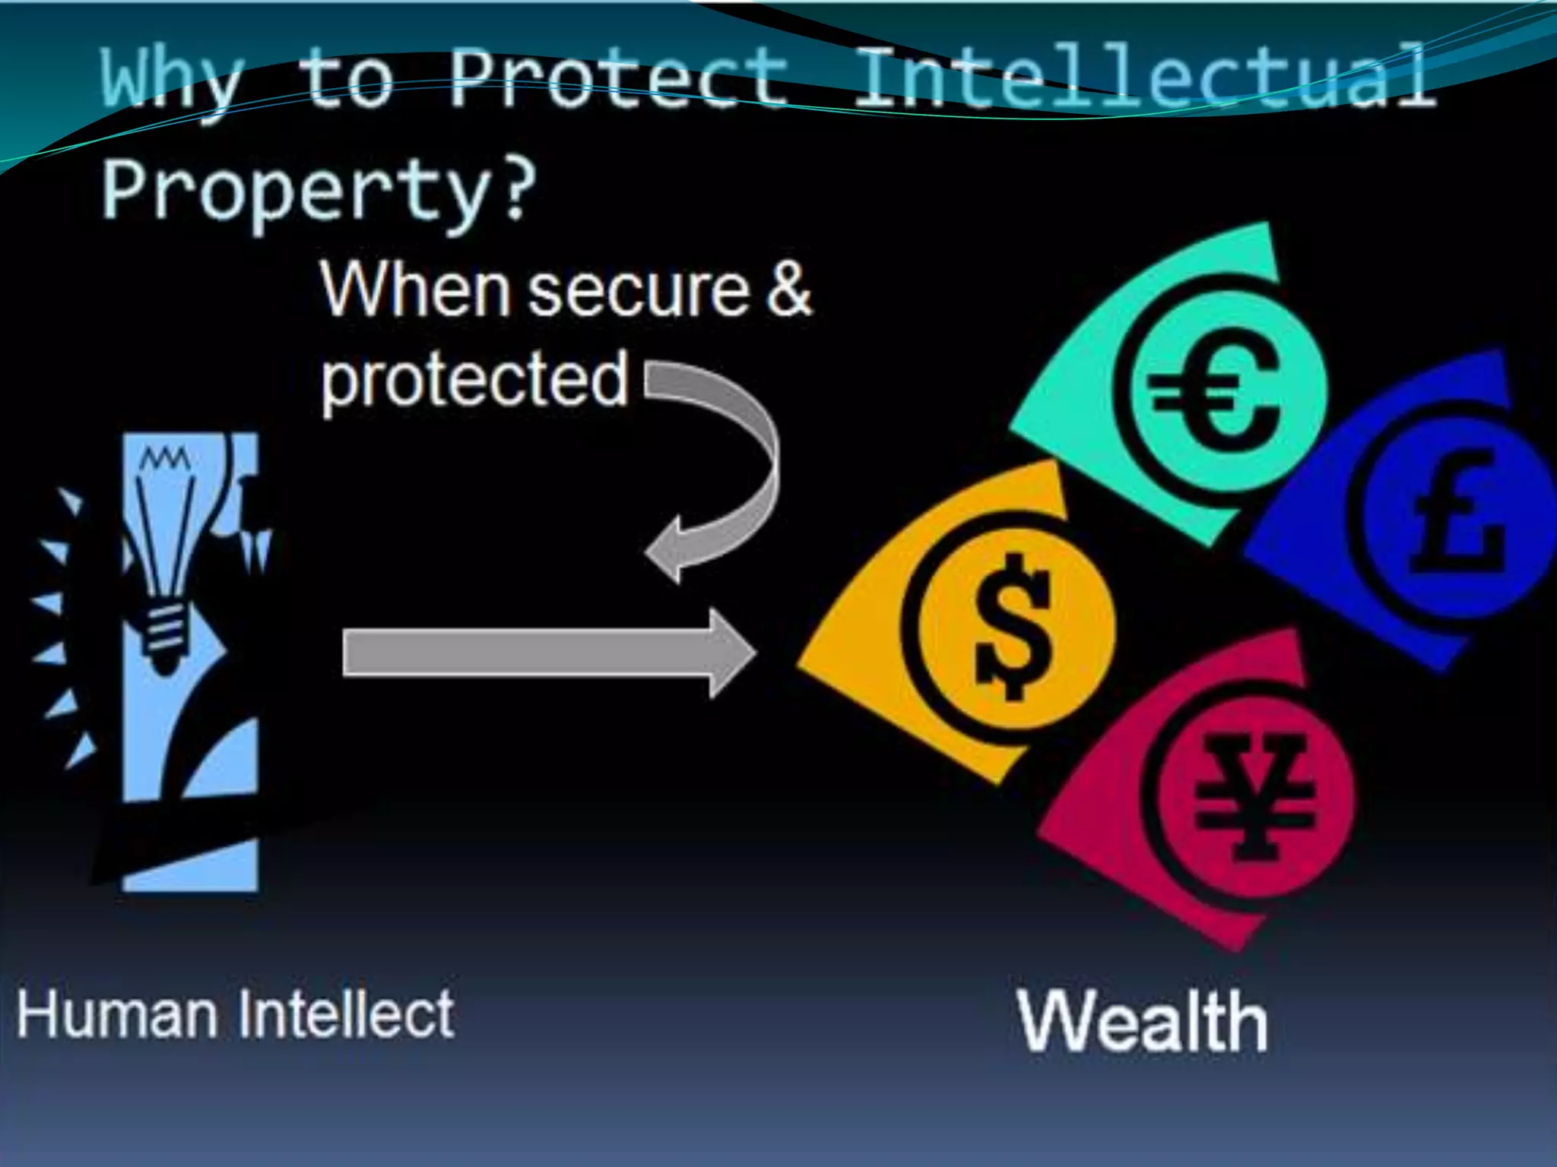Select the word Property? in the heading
[319, 190]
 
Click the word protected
[474, 379]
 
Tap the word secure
[639, 290]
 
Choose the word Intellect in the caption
[346, 1014]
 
